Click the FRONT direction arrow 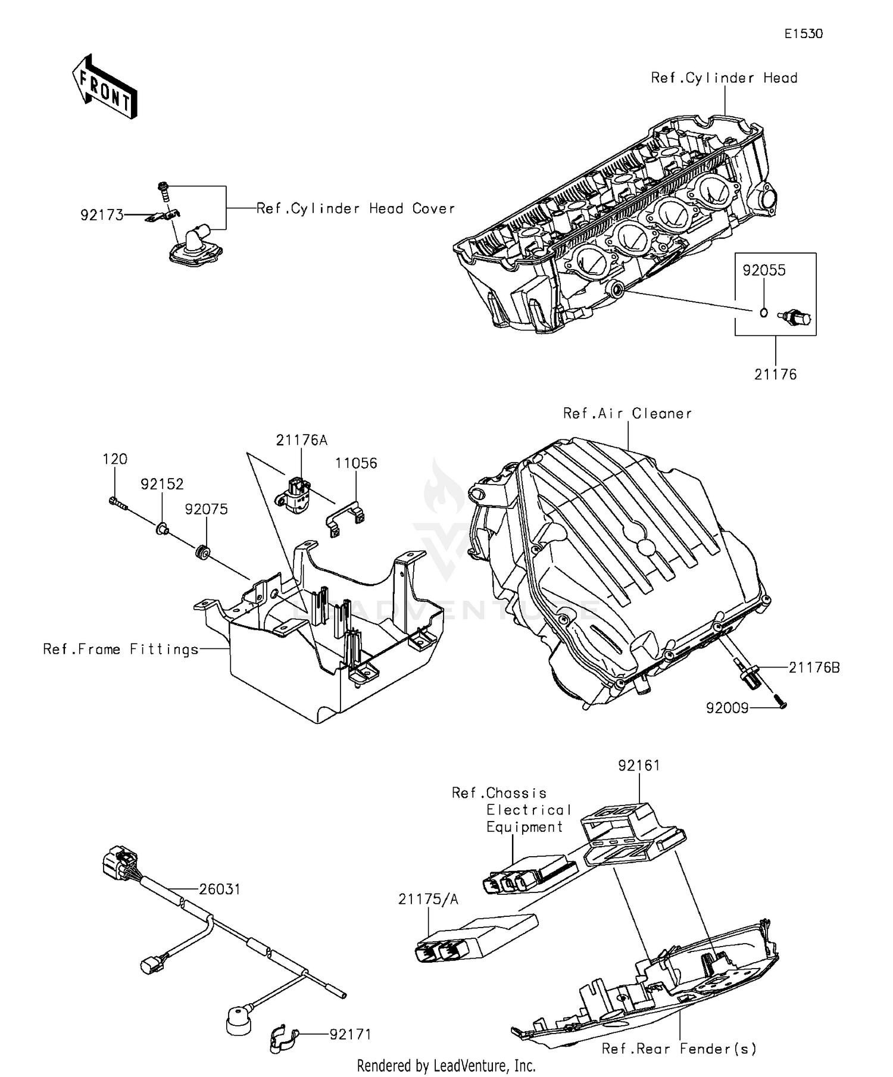click(105, 86)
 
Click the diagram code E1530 click(803, 34)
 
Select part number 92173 click(102, 215)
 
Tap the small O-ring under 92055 click(764, 311)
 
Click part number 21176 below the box click(775, 374)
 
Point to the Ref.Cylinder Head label click(724, 78)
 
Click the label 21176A click(302, 440)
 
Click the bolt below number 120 click(118, 503)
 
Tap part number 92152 click(162, 484)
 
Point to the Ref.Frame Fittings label click(121, 649)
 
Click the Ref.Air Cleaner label click(627, 413)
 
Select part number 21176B click(814, 667)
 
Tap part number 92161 click(639, 765)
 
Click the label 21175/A click(428, 899)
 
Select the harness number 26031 click(220, 889)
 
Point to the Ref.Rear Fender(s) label click(679, 1048)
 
